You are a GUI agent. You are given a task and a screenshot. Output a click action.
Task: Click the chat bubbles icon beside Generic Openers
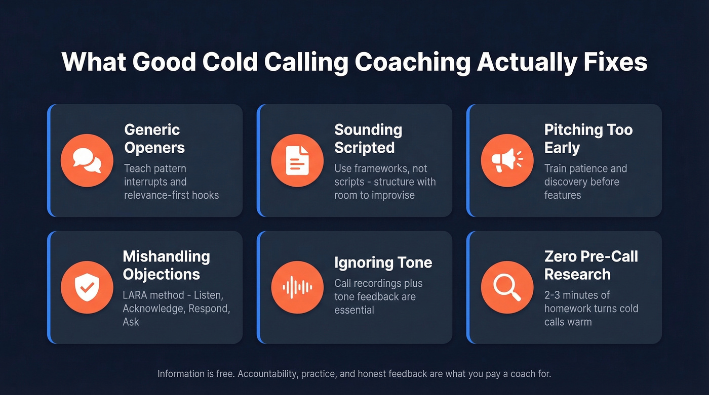pyautogui.click(x=87, y=160)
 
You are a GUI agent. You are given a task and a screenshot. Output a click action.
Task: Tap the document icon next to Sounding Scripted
pyautogui.click(x=297, y=160)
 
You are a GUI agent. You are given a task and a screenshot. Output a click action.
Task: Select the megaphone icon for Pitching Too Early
pyautogui.click(x=506, y=160)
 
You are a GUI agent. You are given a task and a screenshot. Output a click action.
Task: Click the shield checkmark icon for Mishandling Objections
pyautogui.click(x=87, y=287)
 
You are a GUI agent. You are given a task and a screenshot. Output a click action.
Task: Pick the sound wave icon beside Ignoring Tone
pyautogui.click(x=297, y=287)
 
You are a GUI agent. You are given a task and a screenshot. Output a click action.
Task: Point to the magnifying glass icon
pyautogui.click(x=506, y=287)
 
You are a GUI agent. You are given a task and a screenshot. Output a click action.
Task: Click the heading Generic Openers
pyautogui.click(x=154, y=139)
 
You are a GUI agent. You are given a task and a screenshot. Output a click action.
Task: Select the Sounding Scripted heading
pyautogui.click(x=368, y=139)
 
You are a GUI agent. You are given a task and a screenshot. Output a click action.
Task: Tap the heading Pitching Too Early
pyautogui.click(x=588, y=139)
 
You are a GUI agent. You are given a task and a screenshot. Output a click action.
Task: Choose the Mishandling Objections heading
pyautogui.click(x=166, y=265)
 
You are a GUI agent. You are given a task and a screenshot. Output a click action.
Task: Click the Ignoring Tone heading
pyautogui.click(x=383, y=262)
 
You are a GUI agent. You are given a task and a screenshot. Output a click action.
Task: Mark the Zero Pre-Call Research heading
pyautogui.click(x=590, y=265)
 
